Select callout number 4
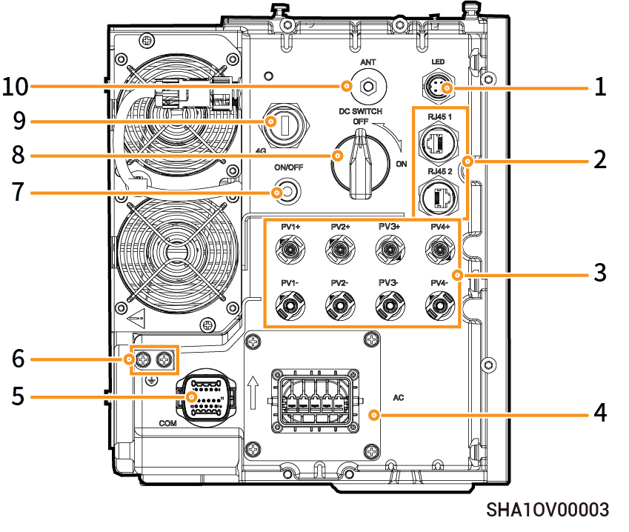click(599, 413)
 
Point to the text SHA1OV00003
click(548, 510)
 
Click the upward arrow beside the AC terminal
click(253, 393)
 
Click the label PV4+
click(440, 225)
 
